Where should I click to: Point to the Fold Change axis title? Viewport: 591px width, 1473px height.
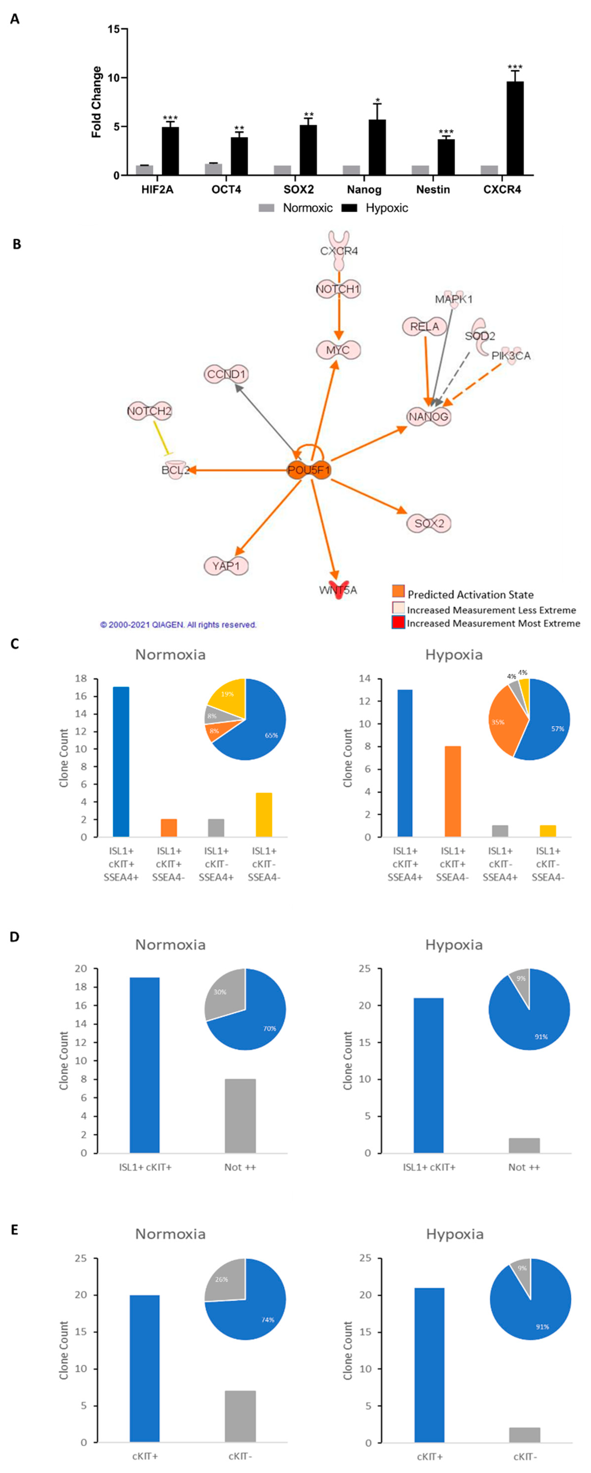coord(97,102)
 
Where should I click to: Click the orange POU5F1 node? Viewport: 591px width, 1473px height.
coord(309,470)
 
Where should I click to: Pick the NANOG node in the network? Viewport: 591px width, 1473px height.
coord(428,416)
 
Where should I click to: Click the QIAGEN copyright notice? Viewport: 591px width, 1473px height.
coord(178,624)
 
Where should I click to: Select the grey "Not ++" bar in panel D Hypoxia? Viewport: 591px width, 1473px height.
coord(524,1145)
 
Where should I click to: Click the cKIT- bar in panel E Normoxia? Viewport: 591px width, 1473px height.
coord(240,1416)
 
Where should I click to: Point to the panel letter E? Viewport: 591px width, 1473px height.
coord(15,1229)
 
